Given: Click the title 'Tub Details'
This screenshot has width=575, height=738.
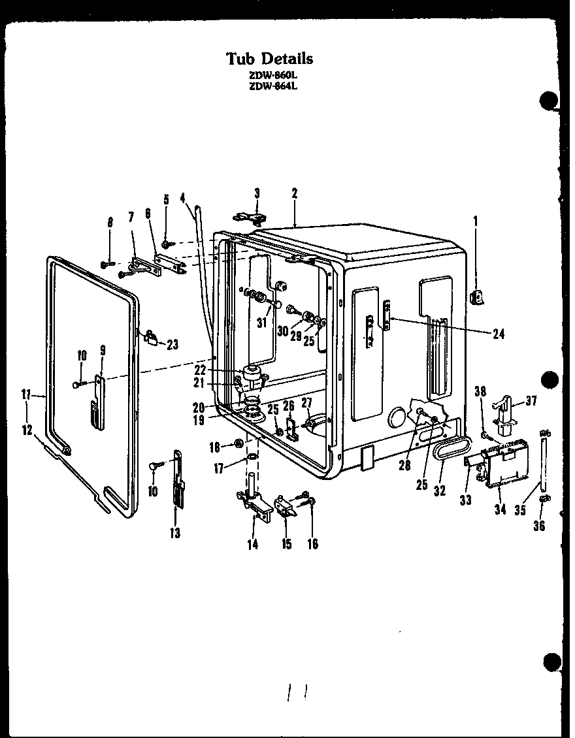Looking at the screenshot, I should pyautogui.click(x=270, y=58).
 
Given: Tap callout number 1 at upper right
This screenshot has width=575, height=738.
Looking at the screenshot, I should pyautogui.click(x=475, y=221).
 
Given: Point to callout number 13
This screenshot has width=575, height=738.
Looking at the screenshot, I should pyautogui.click(x=174, y=533).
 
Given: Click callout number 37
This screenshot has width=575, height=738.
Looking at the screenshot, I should pyautogui.click(x=531, y=401).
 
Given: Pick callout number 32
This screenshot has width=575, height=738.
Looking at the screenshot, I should pyautogui.click(x=440, y=490).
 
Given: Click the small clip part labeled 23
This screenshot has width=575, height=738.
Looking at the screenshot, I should pyautogui.click(x=152, y=336).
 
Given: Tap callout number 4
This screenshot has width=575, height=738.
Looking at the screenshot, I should pyautogui.click(x=183, y=197).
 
